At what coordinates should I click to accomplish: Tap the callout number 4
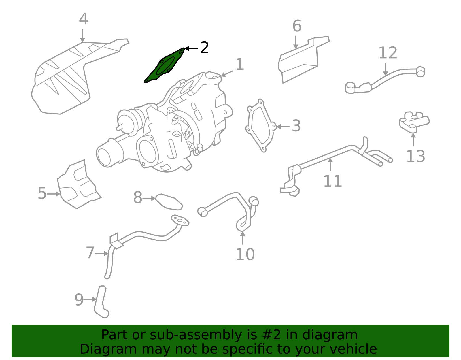coord(83,19)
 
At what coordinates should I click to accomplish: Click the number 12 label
coord(388,53)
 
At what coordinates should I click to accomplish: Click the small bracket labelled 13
coord(413,121)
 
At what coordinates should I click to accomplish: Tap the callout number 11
coord(332,181)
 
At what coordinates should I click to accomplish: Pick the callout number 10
coord(245,255)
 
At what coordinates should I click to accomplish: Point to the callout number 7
coord(90,253)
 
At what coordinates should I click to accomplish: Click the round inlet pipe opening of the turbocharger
coord(104,157)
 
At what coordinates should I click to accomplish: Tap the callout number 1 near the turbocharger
coord(240,65)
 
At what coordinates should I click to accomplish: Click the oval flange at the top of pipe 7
coord(180,220)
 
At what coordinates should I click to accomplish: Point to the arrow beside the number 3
coord(283,126)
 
